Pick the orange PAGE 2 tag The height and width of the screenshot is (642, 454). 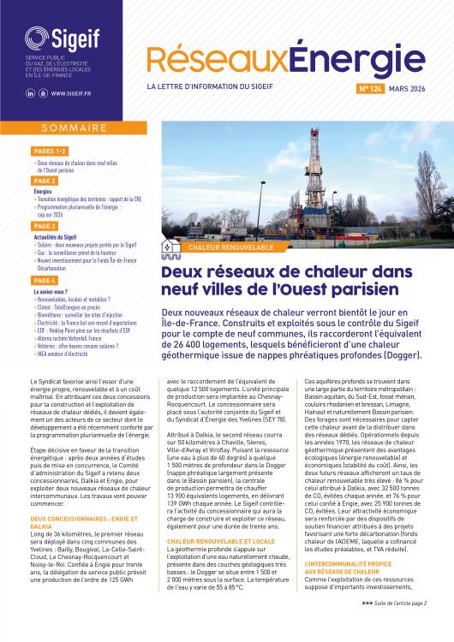(x=45, y=181)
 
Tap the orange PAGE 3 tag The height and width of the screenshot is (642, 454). (x=45, y=226)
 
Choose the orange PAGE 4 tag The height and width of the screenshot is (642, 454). (x=45, y=280)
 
